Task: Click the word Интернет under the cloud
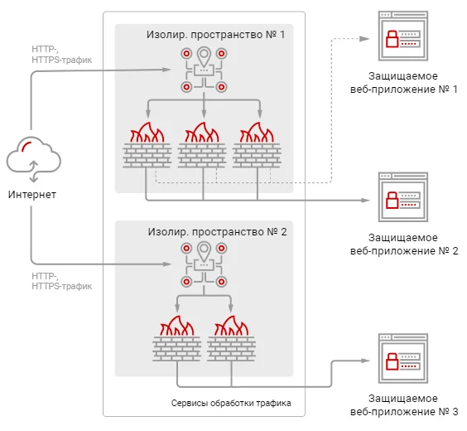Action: pyautogui.click(x=32, y=195)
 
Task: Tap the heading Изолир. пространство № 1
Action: pyautogui.click(x=215, y=35)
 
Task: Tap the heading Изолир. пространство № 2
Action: pyautogui.click(x=218, y=232)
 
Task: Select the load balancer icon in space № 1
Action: pyautogui.click(x=204, y=70)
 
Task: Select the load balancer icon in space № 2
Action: pyautogui.click(x=204, y=264)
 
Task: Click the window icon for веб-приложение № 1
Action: pyautogui.click(x=403, y=36)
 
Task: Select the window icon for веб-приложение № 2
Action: pyautogui.click(x=403, y=197)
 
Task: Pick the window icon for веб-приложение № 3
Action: pyautogui.click(x=403, y=359)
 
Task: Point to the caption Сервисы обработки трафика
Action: pyautogui.click(x=231, y=404)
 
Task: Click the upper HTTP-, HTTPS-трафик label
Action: pyautogui.click(x=61, y=55)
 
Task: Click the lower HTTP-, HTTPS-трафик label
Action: pyautogui.click(x=61, y=281)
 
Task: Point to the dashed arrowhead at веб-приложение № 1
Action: pyautogui.click(x=364, y=39)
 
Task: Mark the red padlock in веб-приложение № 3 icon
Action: pyautogui.click(x=392, y=361)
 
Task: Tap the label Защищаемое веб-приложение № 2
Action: pyautogui.click(x=404, y=245)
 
